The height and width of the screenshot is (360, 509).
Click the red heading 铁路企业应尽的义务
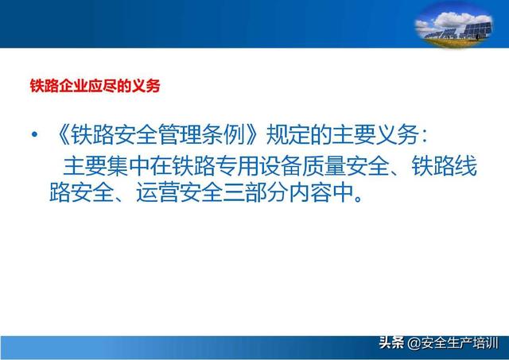pyautogui.click(x=95, y=86)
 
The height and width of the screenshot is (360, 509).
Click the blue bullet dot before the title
pyautogui.click(x=34, y=134)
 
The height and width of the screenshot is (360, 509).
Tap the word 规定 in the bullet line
pyautogui.click(x=289, y=134)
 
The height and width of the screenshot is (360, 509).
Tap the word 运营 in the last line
pyautogui.click(x=158, y=193)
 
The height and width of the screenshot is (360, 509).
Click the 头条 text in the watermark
pyautogui.click(x=392, y=343)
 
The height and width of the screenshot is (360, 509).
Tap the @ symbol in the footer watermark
pyautogui.click(x=414, y=343)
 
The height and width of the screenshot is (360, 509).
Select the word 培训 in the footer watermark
pyautogui.click(x=485, y=343)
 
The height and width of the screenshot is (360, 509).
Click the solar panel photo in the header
pyautogui.click(x=453, y=25)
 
